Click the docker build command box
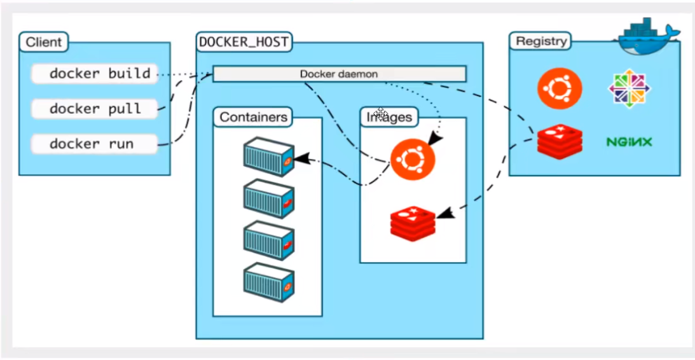(93, 74)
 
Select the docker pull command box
(93, 109)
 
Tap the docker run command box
(93, 144)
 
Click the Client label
(43, 43)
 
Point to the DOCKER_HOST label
(244, 43)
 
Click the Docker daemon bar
(339, 74)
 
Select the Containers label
(253, 117)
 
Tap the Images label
(389, 117)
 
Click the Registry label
(540, 41)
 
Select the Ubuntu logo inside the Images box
(413, 160)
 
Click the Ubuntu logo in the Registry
(560, 89)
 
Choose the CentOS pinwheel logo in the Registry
(629, 87)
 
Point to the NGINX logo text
(629, 141)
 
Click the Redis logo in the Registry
(560, 141)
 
